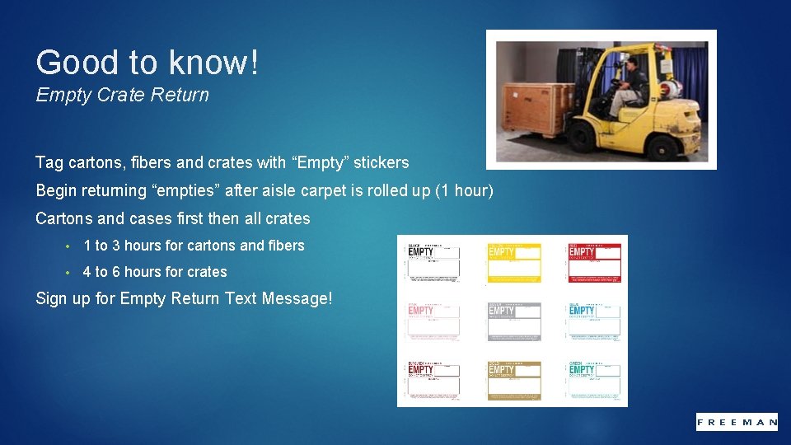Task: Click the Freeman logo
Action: pos(737,422)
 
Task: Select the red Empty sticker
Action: pos(593,263)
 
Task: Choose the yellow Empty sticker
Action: pos(513,263)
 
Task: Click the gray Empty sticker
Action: pos(513,321)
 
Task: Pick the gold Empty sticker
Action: pos(513,380)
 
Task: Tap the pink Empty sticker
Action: pos(433,321)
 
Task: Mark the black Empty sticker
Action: pos(433,263)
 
